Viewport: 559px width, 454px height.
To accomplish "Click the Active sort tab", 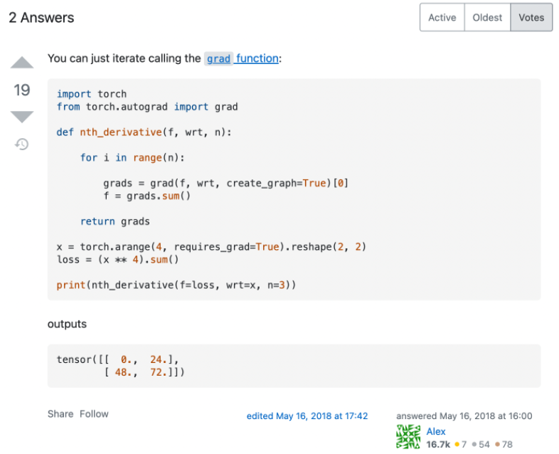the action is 442,18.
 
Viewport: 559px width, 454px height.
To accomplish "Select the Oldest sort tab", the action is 487,18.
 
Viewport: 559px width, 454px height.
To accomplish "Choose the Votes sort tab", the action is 531,18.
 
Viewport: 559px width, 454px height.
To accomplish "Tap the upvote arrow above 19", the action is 22,63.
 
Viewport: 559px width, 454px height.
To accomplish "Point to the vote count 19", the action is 22,90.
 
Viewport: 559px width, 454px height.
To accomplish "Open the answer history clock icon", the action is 22,144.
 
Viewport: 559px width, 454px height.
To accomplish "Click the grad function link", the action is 242,58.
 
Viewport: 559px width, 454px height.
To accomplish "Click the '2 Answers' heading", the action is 41,18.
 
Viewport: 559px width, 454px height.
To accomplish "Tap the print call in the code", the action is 71,285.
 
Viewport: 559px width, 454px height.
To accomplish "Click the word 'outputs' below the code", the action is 67,324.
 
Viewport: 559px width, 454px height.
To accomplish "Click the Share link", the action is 60,413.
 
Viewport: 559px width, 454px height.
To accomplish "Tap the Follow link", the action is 94,413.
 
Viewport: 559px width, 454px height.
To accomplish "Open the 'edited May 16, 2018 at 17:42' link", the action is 307,416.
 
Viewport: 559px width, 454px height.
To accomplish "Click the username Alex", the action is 436,431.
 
